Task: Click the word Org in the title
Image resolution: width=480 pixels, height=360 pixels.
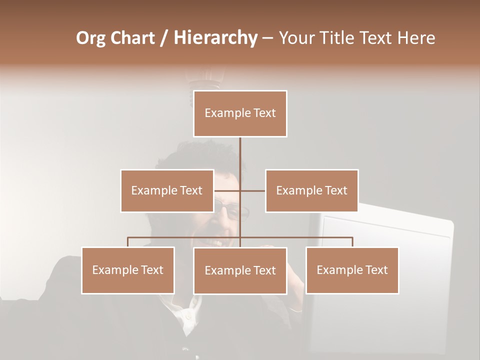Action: pos(91,38)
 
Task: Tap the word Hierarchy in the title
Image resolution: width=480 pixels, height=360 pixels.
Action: pos(215,38)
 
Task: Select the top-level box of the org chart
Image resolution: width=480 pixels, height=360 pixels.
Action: pos(240,113)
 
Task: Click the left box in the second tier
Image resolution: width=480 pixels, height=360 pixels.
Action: pos(167,190)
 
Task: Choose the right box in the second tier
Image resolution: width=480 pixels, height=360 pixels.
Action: pos(311,190)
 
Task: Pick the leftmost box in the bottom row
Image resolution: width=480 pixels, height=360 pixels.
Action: pos(128,270)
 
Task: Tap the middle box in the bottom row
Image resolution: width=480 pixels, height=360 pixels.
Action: pos(240,270)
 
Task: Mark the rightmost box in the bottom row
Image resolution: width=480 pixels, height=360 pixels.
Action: pos(352,270)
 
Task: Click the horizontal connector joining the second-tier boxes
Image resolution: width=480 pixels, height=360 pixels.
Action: pos(252,190)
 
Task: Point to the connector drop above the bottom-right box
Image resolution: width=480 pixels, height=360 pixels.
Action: pos(352,242)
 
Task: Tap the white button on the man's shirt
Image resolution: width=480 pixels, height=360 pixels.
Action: pos(188,316)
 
